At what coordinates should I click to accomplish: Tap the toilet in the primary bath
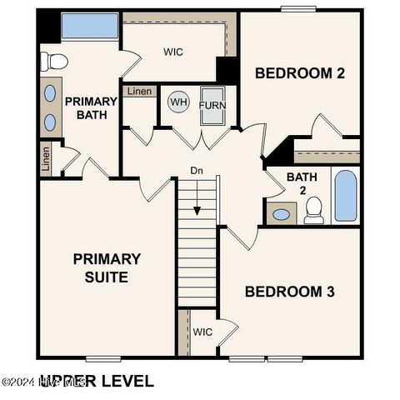[55, 60]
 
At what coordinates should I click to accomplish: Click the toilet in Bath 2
[314, 211]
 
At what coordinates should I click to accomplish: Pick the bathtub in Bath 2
[346, 196]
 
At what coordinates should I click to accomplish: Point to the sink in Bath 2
[282, 214]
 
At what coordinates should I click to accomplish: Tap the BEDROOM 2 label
[299, 73]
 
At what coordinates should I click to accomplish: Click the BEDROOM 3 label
[289, 292]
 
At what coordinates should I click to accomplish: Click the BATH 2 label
[301, 183]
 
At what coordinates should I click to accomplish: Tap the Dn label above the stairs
[197, 171]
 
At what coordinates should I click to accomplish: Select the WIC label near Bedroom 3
[203, 332]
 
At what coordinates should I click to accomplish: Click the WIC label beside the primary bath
[173, 52]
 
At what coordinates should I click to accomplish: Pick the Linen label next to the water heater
[140, 92]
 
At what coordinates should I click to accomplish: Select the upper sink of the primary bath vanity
[49, 92]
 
